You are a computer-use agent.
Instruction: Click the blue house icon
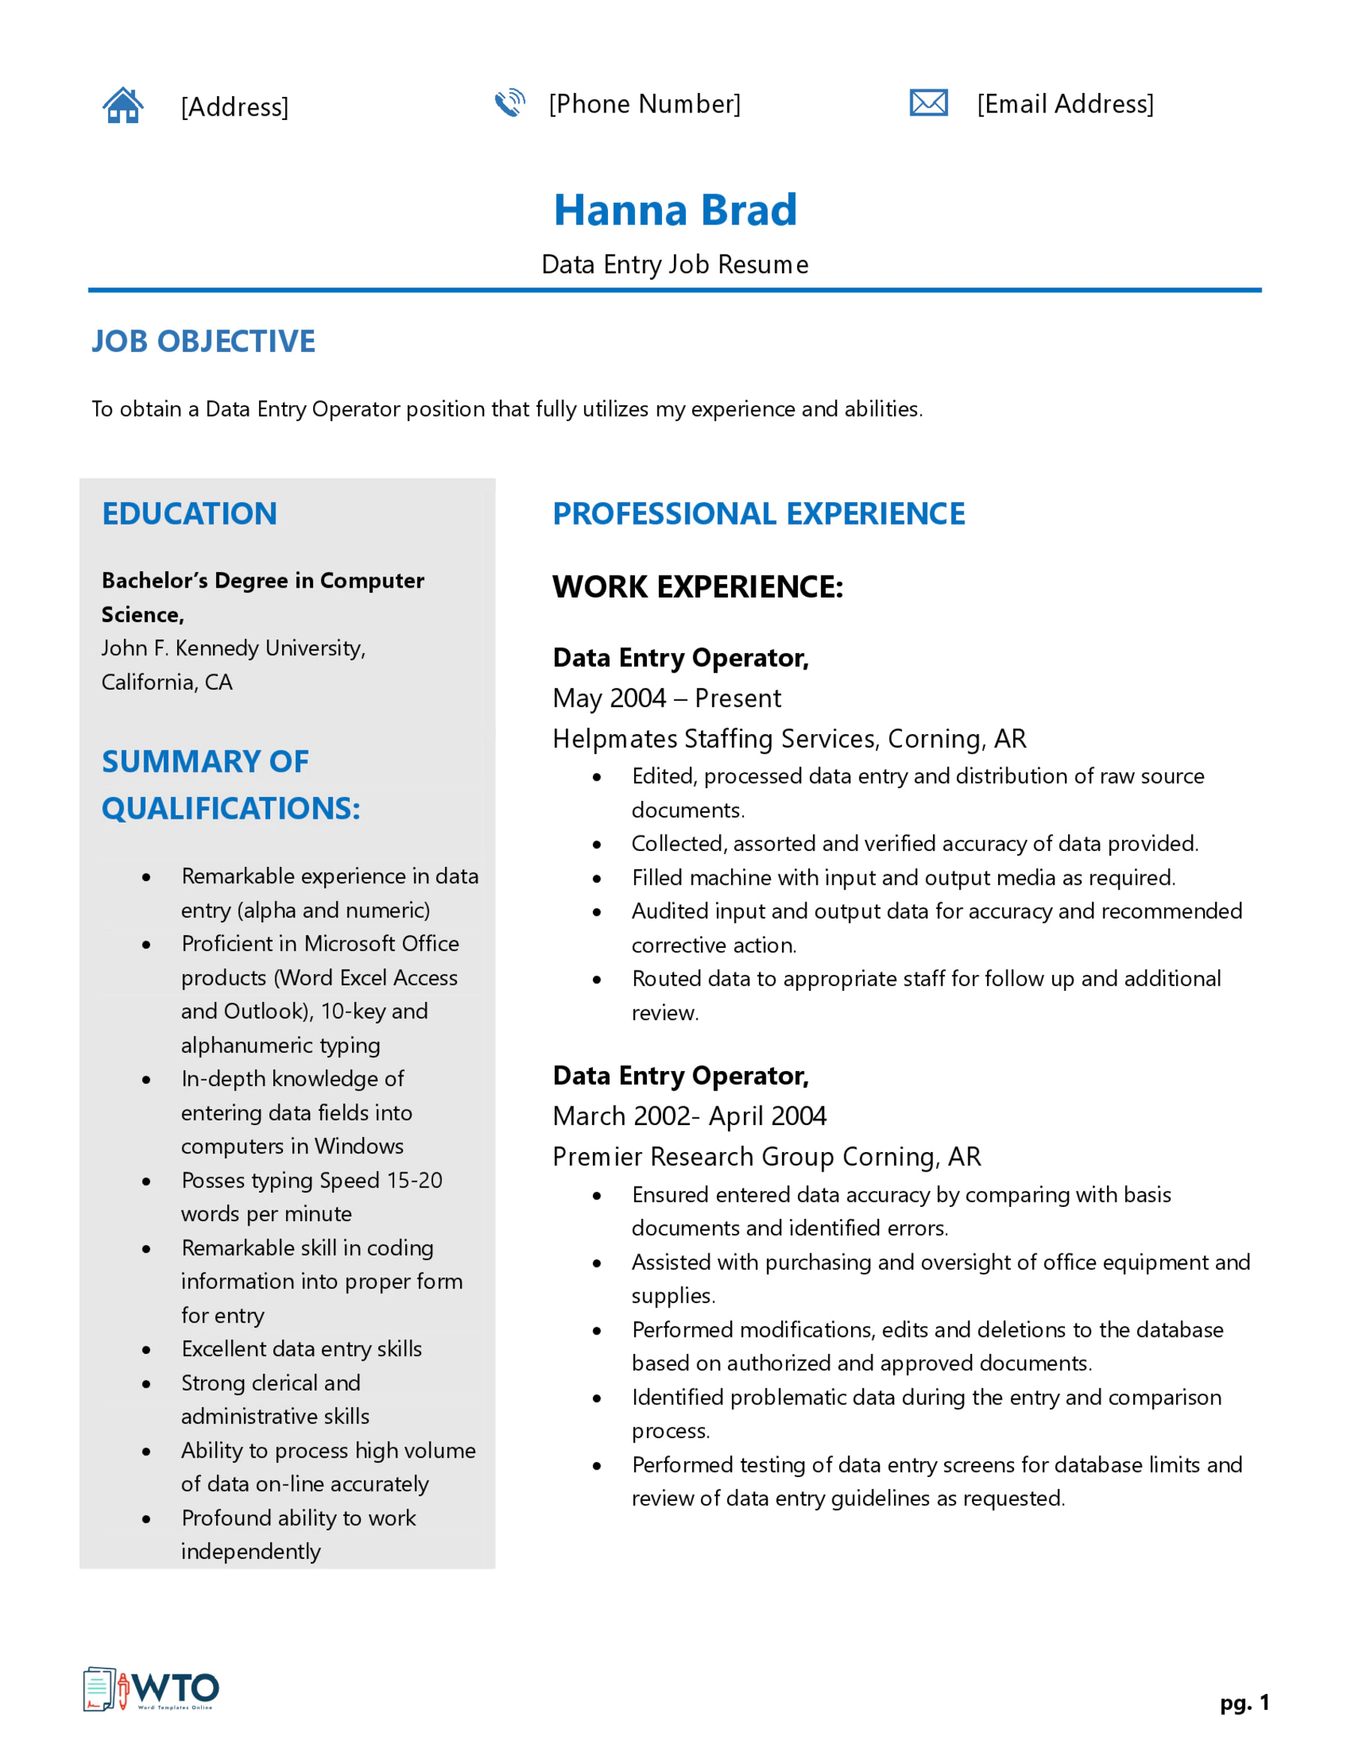[x=122, y=105]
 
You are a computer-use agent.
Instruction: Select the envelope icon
[x=928, y=102]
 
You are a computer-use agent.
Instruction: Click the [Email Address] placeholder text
[x=1064, y=104]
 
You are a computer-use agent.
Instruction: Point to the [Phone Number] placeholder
[x=644, y=104]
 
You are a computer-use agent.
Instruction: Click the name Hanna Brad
[x=675, y=210]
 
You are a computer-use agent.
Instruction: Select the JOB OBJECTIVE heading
[x=203, y=341]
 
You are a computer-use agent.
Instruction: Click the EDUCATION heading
[x=190, y=514]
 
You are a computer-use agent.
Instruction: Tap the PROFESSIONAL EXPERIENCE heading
[x=758, y=514]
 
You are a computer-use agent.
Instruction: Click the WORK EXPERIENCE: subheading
[x=697, y=587]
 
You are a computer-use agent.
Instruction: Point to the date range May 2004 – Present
[x=666, y=698]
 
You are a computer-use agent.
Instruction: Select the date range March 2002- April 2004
[x=689, y=1116]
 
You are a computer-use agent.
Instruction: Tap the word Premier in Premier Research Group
[x=597, y=1157]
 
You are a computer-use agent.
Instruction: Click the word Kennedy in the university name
[x=217, y=648]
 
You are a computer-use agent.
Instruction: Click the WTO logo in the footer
[x=152, y=1689]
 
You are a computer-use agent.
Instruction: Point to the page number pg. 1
[x=1244, y=1702]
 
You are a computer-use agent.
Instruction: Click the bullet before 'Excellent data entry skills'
[x=146, y=1350]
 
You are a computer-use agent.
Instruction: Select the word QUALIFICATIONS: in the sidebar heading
[x=230, y=808]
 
